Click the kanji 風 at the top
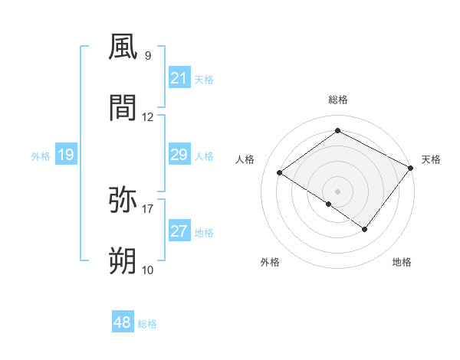coord(123,47)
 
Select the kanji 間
coord(123,109)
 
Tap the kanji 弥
coord(123,201)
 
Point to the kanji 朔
coord(123,262)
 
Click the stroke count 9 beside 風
coord(147,55)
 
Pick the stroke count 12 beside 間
coord(148,116)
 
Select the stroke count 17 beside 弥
coord(148,208)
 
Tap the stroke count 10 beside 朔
coord(148,270)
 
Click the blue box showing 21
coord(179,78)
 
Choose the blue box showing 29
coord(179,155)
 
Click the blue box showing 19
coord(65,155)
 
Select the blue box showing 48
coord(122,323)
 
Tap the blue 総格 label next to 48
coord(147,324)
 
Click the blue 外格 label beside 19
coord(41,156)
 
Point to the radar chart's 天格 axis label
coord(431,159)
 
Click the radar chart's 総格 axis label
coord(338,100)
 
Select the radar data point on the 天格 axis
coord(410,168)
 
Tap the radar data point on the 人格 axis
coord(280,172)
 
